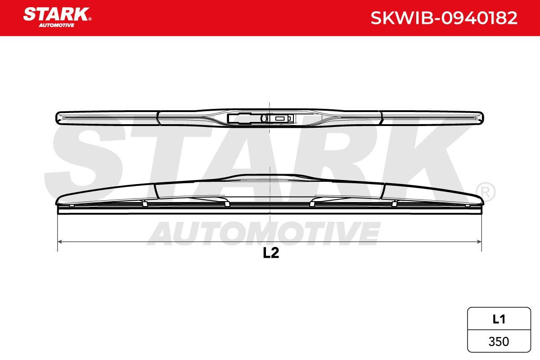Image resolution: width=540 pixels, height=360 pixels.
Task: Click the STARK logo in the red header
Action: pyautogui.click(x=57, y=17)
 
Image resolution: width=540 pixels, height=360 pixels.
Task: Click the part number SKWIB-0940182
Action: pyautogui.click(x=444, y=18)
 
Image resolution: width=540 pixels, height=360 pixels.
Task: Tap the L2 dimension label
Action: pyautogui.click(x=271, y=253)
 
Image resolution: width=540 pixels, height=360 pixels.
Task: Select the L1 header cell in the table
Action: pyautogui.click(x=499, y=319)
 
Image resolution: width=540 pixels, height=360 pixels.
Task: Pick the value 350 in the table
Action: pyautogui.click(x=499, y=342)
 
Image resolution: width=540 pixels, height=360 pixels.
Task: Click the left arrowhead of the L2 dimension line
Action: pyautogui.click(x=60, y=242)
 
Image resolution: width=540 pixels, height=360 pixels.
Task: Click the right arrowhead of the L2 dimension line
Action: pyautogui.click(x=479, y=242)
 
